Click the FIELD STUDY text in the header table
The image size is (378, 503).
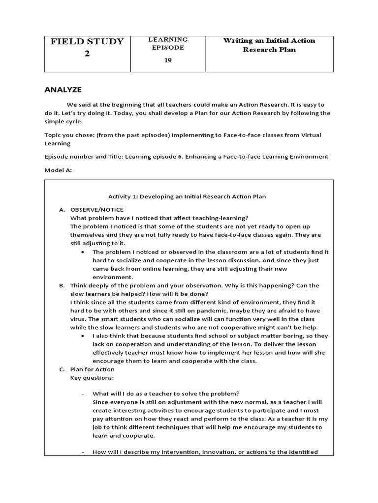[x=87, y=41]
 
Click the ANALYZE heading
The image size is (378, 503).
[x=63, y=89]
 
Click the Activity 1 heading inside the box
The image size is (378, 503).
[x=187, y=196]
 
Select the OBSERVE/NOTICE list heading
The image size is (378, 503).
[x=97, y=210]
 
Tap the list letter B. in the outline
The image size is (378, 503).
[x=62, y=285]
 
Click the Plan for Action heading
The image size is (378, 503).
[x=93, y=369]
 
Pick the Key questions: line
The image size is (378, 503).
[x=92, y=378]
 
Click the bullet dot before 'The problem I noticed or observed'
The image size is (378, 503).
[x=82, y=252]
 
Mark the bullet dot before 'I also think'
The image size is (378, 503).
[x=82, y=336]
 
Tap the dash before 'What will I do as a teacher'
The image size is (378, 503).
[x=82, y=394]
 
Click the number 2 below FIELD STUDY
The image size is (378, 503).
[x=87, y=54]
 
